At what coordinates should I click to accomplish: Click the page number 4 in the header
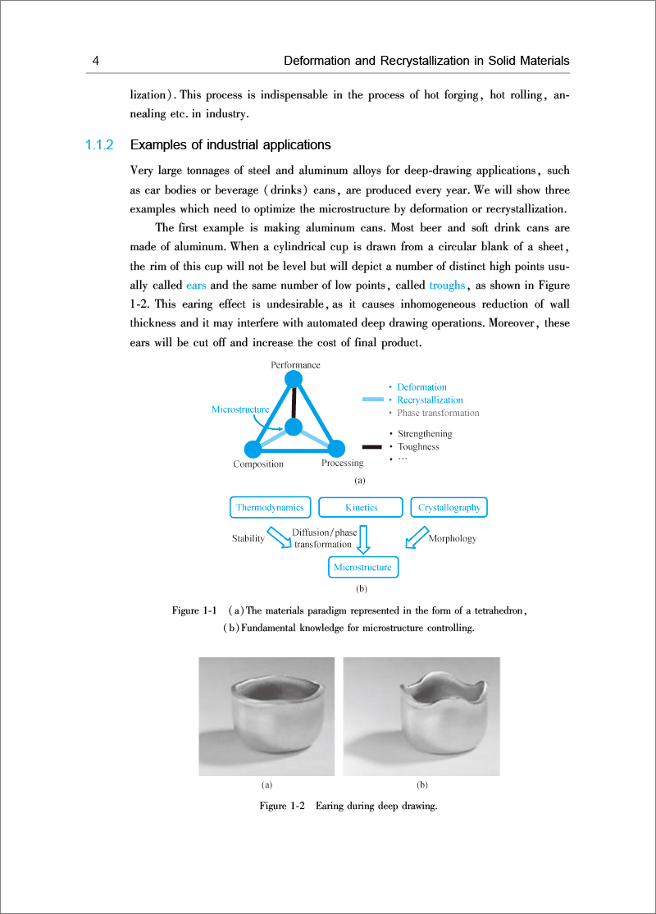tap(96, 62)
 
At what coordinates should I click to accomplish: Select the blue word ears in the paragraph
tap(196, 286)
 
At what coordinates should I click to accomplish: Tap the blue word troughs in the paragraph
tap(447, 286)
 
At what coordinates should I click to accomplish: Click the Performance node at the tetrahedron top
tap(294, 379)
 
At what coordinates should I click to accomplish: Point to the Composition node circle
tap(253, 449)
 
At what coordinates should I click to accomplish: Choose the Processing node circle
tap(336, 449)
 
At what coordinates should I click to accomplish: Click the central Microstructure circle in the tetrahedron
tap(294, 427)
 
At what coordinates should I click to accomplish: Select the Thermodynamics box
tap(271, 508)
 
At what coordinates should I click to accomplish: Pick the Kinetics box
tap(361, 508)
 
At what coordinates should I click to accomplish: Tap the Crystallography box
tap(449, 508)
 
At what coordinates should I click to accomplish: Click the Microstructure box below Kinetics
tap(362, 567)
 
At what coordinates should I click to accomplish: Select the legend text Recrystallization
tap(430, 400)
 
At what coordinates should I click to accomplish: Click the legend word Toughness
tap(418, 447)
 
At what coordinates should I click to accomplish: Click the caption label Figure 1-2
tap(282, 807)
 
